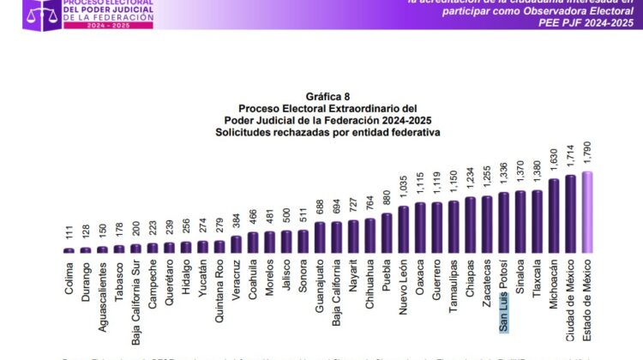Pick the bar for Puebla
tap(388, 233)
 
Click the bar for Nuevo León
tap(404, 230)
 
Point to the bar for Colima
tap(69, 250)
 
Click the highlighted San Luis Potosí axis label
tap(505, 294)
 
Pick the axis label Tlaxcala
tap(538, 279)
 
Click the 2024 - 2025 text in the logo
tap(57, 27)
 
